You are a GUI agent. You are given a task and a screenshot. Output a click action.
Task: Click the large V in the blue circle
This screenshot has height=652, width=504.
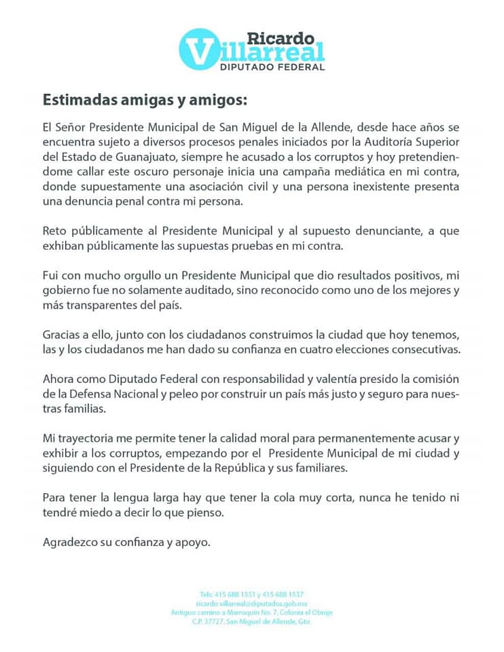(198, 49)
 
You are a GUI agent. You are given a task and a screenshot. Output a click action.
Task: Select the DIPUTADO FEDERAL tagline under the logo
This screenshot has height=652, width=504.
(272, 67)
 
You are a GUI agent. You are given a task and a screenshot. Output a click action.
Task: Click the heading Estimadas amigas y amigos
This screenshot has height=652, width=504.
(145, 100)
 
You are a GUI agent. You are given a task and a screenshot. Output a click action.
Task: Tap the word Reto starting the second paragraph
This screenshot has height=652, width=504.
(54, 232)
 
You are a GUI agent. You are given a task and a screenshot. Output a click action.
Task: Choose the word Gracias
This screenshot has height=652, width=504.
(62, 335)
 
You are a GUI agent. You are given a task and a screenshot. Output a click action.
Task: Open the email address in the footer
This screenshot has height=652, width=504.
(251, 603)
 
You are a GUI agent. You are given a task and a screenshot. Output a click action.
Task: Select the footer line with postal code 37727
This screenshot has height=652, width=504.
(251, 621)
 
